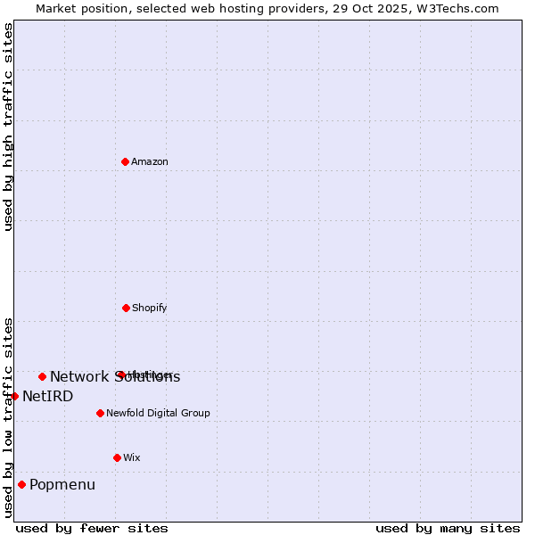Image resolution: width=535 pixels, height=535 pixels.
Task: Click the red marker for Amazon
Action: click(126, 161)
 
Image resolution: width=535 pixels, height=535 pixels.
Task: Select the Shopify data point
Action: click(126, 308)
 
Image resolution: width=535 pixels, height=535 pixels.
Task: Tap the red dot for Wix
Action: click(117, 457)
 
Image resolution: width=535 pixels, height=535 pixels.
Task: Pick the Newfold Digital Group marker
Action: click(100, 413)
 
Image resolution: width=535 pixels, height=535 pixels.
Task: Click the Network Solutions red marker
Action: click(42, 376)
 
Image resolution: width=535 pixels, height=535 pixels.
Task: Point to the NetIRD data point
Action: click(14, 396)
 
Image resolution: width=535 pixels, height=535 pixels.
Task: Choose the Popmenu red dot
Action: click(21, 485)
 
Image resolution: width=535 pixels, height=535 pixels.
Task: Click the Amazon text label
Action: click(150, 161)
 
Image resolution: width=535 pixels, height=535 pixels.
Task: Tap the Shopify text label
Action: click(149, 308)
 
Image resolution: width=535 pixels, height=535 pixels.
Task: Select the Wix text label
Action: click(132, 457)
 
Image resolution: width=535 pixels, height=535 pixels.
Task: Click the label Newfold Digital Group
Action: click(158, 413)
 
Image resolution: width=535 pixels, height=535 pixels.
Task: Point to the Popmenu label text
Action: click(62, 485)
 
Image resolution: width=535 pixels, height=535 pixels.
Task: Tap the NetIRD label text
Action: click(48, 396)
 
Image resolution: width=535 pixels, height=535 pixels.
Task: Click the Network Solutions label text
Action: click(115, 376)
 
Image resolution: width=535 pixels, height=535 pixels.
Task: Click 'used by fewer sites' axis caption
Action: click(92, 528)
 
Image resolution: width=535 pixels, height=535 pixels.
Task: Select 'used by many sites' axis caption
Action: click(448, 528)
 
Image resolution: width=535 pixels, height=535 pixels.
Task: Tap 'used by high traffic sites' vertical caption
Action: click(9, 127)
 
